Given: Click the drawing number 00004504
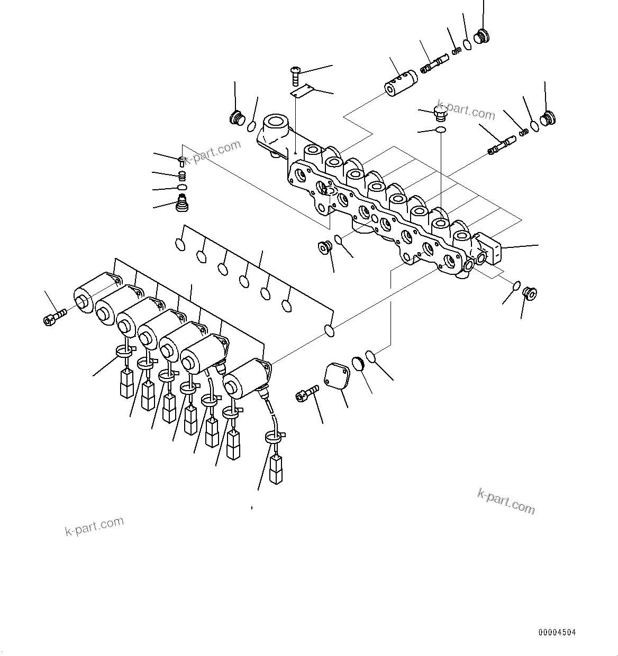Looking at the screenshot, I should pos(557,632).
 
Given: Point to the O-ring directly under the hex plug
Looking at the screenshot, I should pos(440,130).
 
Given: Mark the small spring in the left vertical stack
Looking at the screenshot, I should pos(183,175).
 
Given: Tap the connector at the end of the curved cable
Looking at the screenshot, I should pos(276,469).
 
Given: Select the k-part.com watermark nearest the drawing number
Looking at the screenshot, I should pos(506,501).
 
